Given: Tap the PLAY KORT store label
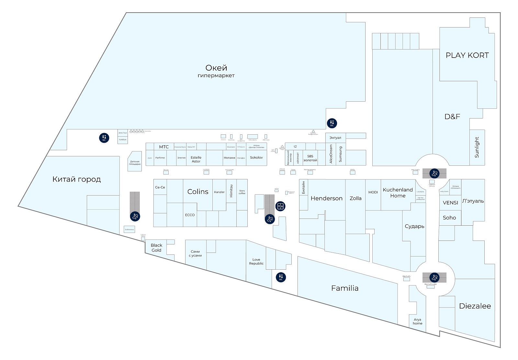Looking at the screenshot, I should (467, 55).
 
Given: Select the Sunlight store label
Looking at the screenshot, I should (477, 147).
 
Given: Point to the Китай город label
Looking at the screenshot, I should (76, 179).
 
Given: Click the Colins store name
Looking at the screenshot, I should (198, 192).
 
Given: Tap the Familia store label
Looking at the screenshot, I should (345, 288).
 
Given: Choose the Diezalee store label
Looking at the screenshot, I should (475, 306).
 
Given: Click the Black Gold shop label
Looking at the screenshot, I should (156, 248).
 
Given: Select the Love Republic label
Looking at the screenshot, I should (256, 262).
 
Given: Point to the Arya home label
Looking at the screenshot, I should (417, 321).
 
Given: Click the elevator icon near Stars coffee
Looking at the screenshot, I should (280, 206).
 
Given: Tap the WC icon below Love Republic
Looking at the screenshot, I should (281, 277).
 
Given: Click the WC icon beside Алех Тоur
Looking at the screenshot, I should (104, 138).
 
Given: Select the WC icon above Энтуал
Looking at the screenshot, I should (332, 123).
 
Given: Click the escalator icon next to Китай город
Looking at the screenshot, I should (135, 216).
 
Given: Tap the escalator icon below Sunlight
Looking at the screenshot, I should (434, 173).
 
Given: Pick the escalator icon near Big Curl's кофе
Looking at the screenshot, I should (434, 277).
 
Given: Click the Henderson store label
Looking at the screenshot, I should (326, 198).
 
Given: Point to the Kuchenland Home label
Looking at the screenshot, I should (398, 193).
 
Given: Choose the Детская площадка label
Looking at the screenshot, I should (135, 163).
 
